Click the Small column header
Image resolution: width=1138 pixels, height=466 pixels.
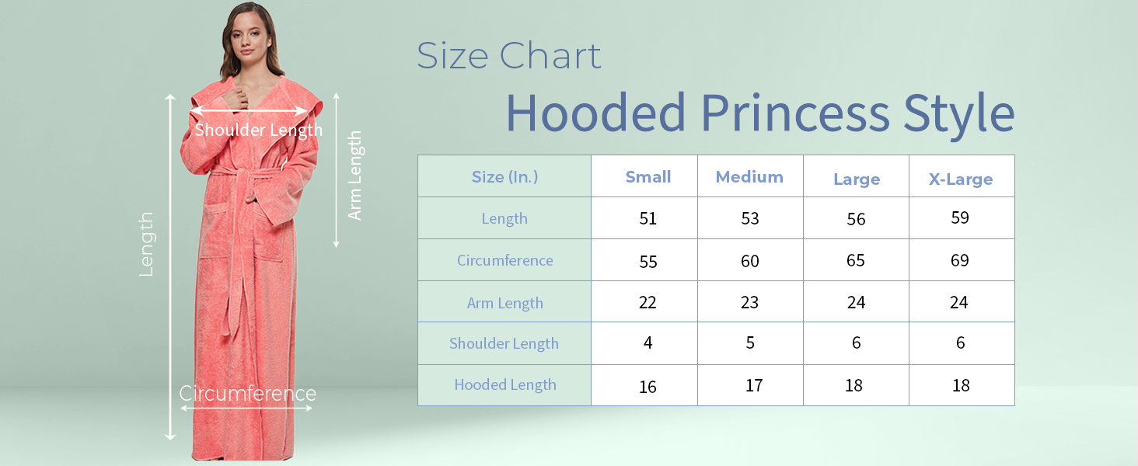648,176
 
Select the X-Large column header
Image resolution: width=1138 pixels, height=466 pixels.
961,179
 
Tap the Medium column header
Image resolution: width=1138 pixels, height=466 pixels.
749,176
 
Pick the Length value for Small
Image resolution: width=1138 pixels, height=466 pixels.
648,218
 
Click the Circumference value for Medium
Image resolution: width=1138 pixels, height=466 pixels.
750,261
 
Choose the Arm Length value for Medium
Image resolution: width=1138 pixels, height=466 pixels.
749,303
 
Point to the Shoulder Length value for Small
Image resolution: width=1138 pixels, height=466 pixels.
648,343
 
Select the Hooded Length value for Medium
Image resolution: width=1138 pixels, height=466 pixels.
754,385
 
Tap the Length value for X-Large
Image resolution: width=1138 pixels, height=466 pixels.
960,217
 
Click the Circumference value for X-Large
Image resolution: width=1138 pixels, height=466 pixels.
960,260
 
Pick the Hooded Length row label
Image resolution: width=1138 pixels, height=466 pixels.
505,384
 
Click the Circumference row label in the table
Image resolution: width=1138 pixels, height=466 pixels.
505,260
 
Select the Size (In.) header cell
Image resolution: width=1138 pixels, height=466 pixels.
504,176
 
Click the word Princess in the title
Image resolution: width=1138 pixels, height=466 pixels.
795,113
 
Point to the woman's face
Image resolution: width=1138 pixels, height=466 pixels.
248,37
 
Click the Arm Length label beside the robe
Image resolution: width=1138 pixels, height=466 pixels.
355,175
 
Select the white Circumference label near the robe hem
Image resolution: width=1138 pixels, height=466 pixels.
247,394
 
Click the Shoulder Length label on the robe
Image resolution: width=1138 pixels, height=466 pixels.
259,130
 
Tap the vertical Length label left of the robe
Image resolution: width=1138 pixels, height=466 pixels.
146,244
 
